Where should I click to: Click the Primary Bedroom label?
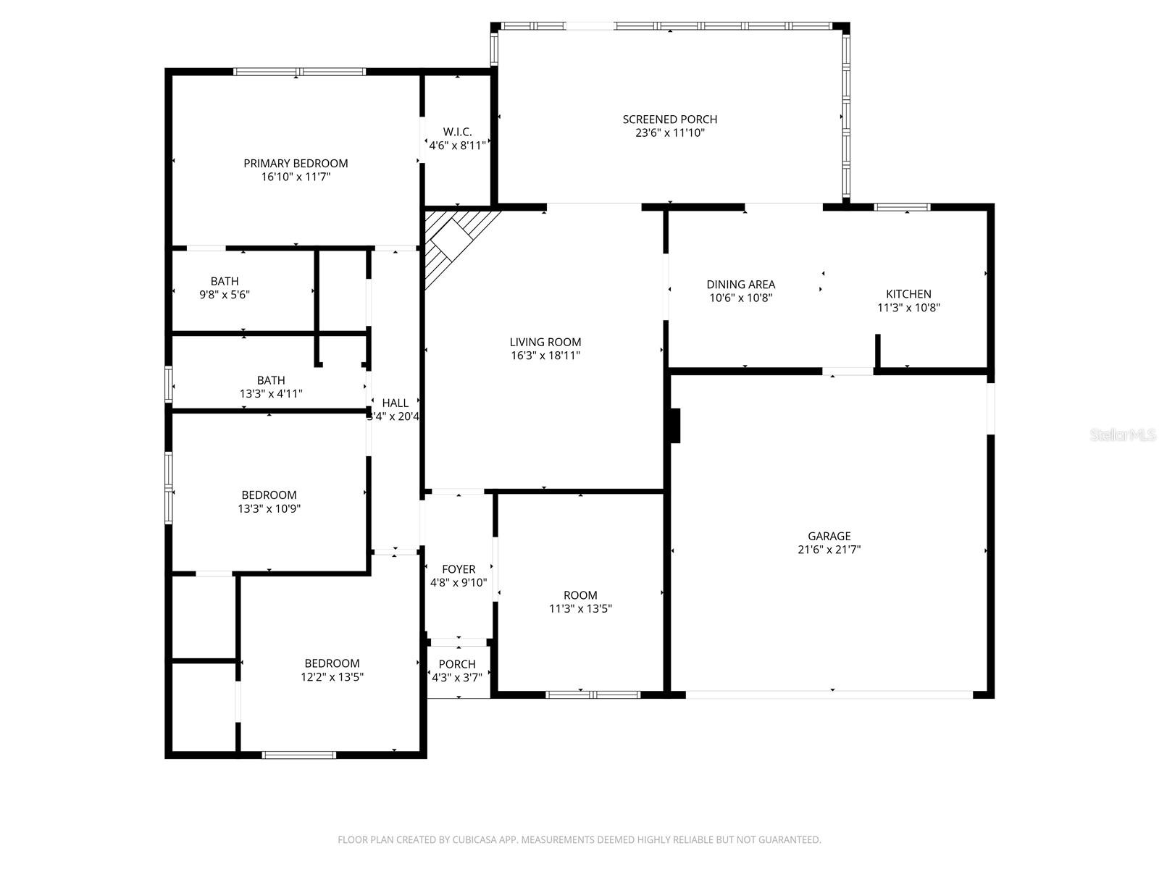(296, 164)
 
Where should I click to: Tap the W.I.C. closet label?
(457, 132)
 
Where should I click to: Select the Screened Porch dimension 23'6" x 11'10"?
(669, 133)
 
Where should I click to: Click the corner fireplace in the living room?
(453, 238)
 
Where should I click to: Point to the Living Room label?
(545, 342)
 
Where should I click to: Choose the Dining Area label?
(740, 285)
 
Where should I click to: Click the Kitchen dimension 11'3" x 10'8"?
(908, 308)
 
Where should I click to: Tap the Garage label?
(829, 536)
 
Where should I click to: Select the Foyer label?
(459, 569)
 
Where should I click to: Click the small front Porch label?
(457, 664)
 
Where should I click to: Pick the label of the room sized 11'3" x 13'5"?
(580, 595)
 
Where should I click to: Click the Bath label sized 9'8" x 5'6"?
(225, 281)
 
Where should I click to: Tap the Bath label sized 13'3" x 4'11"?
(271, 380)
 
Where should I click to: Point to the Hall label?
(395, 403)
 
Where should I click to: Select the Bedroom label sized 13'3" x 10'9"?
(269, 495)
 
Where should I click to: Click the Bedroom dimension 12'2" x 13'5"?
(332, 677)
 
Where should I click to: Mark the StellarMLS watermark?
(1122, 435)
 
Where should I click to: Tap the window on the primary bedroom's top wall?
(299, 72)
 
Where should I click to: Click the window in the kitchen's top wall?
(902, 207)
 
